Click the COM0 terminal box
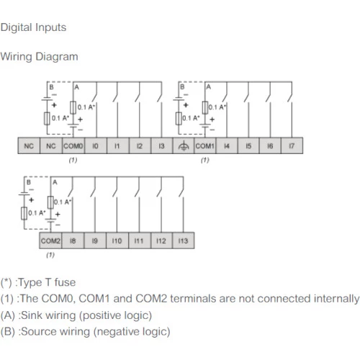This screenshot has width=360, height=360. coord(73,145)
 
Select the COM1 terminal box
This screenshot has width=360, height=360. coord(204,145)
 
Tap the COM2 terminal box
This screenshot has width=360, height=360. coord(50,240)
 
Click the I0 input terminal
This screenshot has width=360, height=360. coord(96,145)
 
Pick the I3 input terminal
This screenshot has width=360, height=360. coord(162,145)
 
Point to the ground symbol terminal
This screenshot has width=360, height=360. coord(184,145)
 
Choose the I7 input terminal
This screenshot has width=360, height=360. coord(292,145)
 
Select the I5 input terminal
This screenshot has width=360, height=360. coord(248,145)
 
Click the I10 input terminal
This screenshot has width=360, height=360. coord(117,240)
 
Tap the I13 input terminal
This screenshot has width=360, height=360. coord(183,240)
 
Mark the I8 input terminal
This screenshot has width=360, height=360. coord(73,240)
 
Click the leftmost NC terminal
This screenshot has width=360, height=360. coord(29,145)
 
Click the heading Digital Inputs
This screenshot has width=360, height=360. coord(33,27)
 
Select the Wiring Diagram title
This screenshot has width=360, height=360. coord(39,57)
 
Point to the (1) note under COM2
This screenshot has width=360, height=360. coord(50,255)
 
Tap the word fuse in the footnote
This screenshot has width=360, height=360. coord(65,282)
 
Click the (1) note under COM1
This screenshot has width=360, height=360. coord(205,160)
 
